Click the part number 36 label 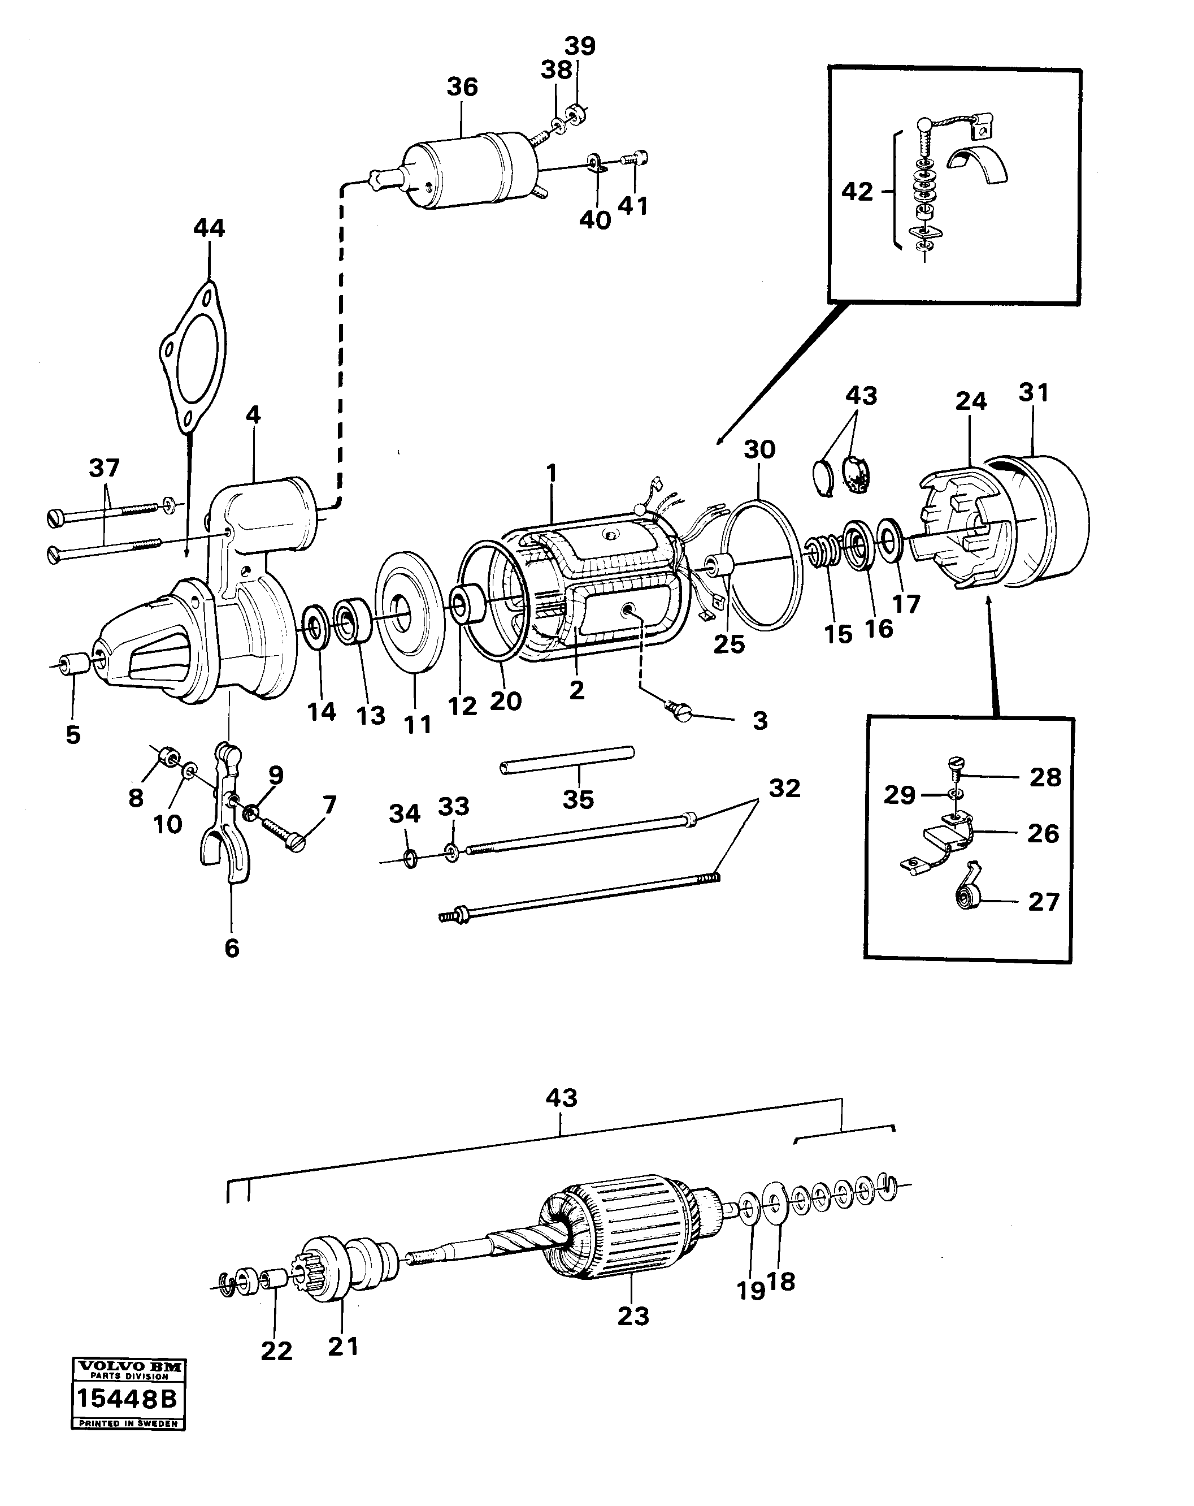pos(462,87)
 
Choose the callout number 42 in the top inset pos(857,192)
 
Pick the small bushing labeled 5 pos(73,664)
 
